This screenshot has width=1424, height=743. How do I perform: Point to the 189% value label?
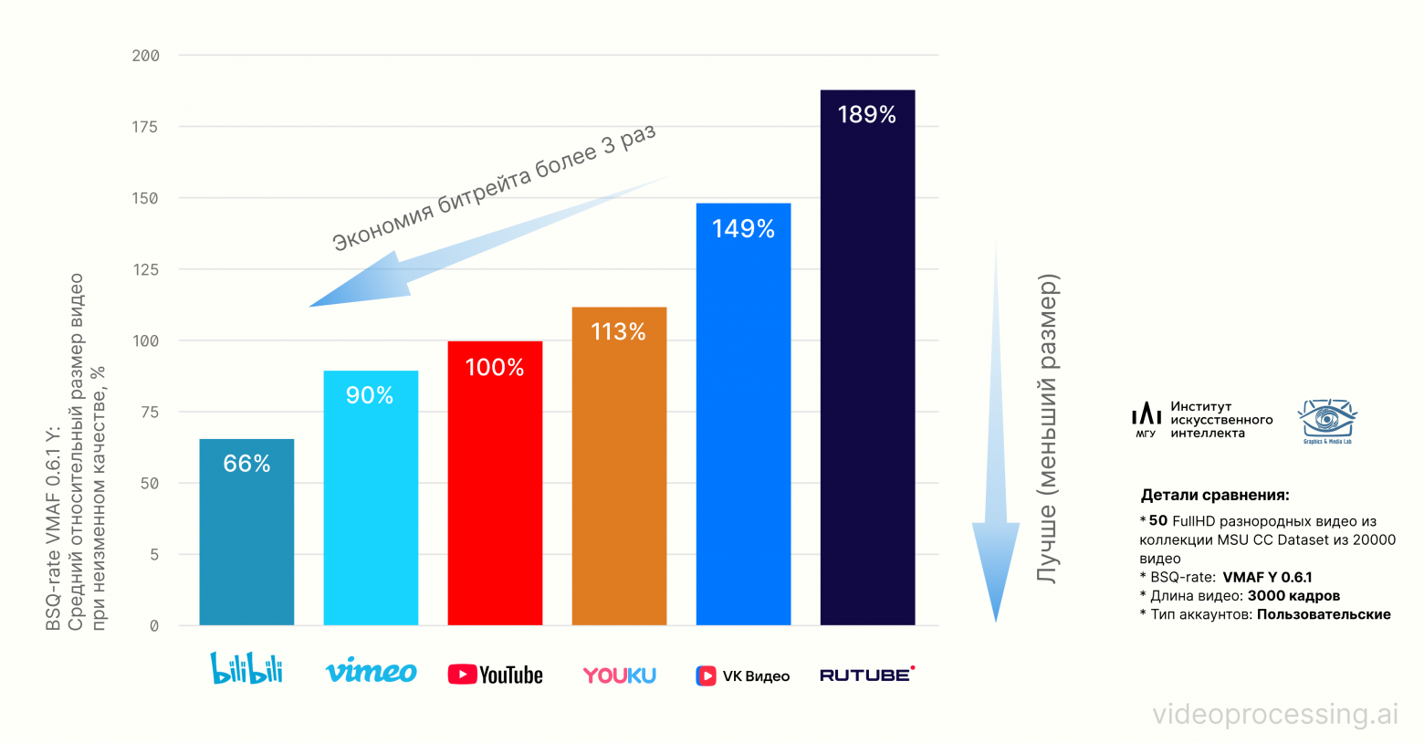[x=867, y=115]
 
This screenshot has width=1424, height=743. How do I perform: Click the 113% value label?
[x=619, y=331]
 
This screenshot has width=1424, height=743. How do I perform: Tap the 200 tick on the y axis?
[x=146, y=56]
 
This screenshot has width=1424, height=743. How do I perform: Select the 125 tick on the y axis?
[x=146, y=269]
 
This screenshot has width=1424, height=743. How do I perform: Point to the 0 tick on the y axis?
[x=154, y=626]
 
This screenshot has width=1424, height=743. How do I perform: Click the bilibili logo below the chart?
[x=246, y=668]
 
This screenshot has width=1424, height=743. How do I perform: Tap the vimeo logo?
[x=371, y=672]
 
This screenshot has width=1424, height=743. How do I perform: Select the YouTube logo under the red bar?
[x=495, y=675]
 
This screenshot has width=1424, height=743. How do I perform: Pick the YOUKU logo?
[x=619, y=675]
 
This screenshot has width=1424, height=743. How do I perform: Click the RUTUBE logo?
[x=866, y=675]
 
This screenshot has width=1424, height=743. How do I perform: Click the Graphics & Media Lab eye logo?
[x=1327, y=420]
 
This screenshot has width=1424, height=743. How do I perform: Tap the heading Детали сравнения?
[x=1215, y=496]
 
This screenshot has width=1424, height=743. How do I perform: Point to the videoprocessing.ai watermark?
[x=1275, y=714]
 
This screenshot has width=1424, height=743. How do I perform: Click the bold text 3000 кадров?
[x=1293, y=596]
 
